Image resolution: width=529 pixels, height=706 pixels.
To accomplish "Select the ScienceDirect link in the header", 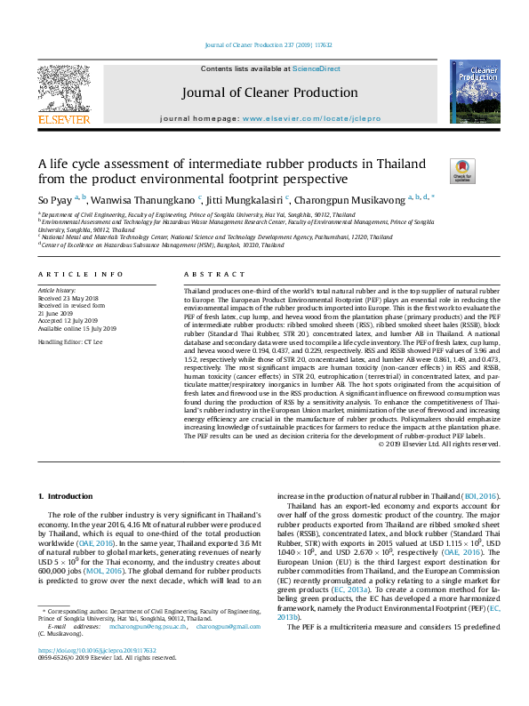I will coord(317,68).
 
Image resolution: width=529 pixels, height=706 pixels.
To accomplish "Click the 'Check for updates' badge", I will coord(437,169).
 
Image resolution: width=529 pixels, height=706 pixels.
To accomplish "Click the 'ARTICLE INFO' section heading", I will coord(80,275).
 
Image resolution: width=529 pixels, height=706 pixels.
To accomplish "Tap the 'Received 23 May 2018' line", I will coord(69,298).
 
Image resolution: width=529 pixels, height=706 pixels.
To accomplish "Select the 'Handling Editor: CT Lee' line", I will coord(70,341).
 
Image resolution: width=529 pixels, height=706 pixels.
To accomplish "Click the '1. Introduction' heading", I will coord(68,494).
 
